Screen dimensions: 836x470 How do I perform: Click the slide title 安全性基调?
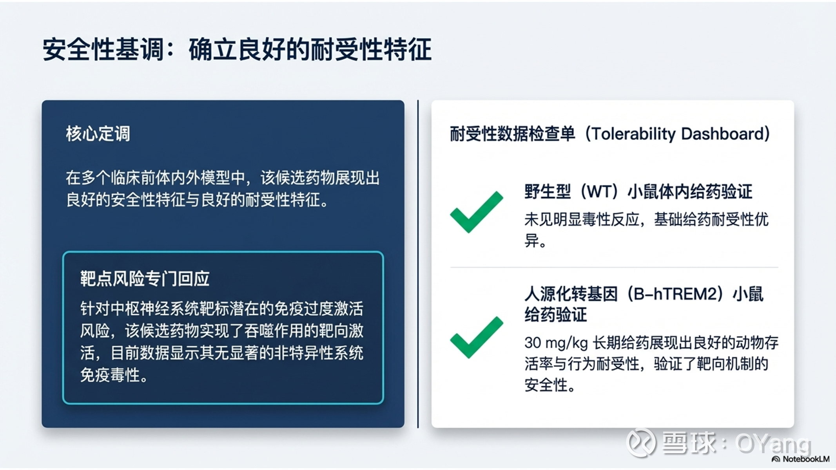tap(103, 50)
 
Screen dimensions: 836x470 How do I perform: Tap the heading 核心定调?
tap(98, 134)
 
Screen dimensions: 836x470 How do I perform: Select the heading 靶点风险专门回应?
tap(145, 279)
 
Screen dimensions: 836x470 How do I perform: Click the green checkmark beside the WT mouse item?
tap(477, 212)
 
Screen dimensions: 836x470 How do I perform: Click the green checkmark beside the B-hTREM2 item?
tap(477, 337)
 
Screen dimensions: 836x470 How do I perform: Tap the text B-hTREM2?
tap(678, 294)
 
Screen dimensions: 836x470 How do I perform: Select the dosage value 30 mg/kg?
tap(556, 343)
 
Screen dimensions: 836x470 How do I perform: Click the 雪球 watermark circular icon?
tap(641, 443)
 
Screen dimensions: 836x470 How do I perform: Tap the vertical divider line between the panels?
tap(418, 264)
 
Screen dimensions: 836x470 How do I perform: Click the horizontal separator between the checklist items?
tap(614, 268)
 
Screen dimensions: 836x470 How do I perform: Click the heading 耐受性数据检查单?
tap(512, 134)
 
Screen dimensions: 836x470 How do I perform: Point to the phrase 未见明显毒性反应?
tap(582, 220)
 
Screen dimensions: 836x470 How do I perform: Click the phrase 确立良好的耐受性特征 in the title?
tap(310, 50)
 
